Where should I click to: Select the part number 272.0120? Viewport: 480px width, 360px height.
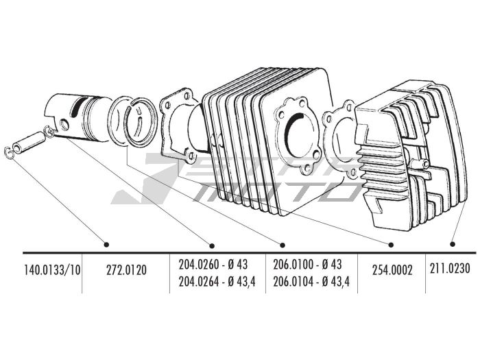[x=126, y=269]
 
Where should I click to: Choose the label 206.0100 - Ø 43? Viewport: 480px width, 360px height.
[x=307, y=263]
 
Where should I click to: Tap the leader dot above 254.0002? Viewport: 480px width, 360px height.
[x=391, y=244]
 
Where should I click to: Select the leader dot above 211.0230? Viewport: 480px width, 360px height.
[x=453, y=243]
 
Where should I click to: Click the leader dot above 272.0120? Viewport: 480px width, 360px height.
[x=106, y=244]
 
